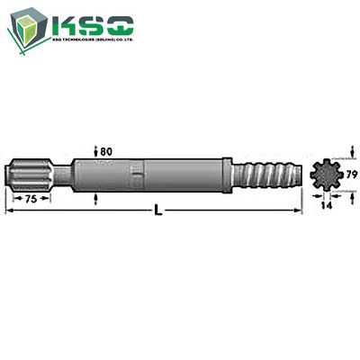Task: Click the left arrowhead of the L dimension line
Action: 8,212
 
